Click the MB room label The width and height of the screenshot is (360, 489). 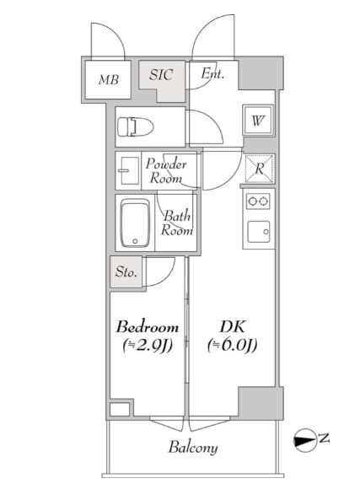(109, 80)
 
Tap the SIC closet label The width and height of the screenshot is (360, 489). (161, 75)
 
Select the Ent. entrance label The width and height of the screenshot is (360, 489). (212, 74)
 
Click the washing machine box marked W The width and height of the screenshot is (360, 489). (259, 120)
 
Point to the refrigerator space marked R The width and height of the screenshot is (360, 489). (259, 169)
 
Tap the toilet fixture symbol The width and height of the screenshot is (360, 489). (136, 127)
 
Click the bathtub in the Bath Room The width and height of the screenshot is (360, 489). (136, 223)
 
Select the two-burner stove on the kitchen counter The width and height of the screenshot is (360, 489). (258, 202)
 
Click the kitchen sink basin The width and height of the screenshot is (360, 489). (259, 232)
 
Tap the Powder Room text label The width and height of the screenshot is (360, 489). (166, 171)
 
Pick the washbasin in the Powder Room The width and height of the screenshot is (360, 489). (128, 170)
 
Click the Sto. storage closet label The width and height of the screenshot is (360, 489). (126, 272)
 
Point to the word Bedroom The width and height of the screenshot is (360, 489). (148, 327)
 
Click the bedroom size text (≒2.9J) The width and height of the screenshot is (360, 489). (148, 345)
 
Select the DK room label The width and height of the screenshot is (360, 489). (233, 327)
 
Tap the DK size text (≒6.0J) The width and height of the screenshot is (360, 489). (233, 345)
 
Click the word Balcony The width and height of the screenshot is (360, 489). (193, 448)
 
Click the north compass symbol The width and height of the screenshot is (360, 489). (305, 440)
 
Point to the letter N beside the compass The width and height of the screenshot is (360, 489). (324, 438)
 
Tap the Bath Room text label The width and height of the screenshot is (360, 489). (176, 223)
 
